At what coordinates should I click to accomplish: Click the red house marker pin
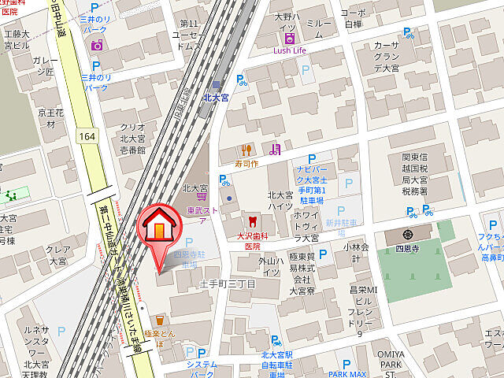(x=159, y=228)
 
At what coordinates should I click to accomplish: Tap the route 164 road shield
(x=87, y=136)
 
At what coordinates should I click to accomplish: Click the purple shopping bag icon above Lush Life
(x=290, y=37)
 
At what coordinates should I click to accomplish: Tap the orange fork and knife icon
(x=246, y=149)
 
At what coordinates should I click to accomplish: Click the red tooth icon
(x=251, y=221)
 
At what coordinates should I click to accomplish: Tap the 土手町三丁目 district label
(x=227, y=282)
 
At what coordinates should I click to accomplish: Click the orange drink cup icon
(x=159, y=320)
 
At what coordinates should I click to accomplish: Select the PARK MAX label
(x=348, y=374)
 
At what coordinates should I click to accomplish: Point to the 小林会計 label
(x=355, y=253)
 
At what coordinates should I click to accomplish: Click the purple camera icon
(x=97, y=45)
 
